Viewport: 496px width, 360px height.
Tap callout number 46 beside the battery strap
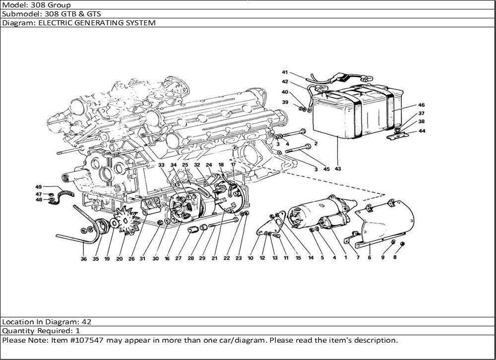421,105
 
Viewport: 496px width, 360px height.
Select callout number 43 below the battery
338,169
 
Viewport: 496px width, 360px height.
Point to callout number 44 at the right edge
422,131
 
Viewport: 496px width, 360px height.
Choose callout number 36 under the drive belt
83,258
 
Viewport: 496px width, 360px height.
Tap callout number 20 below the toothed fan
119,258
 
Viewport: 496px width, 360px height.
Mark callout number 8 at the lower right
395,257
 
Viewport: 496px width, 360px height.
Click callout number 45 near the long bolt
326,169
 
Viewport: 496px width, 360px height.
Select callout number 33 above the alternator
161,165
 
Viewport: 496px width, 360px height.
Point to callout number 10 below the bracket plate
250,258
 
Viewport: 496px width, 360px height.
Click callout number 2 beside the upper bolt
315,143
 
